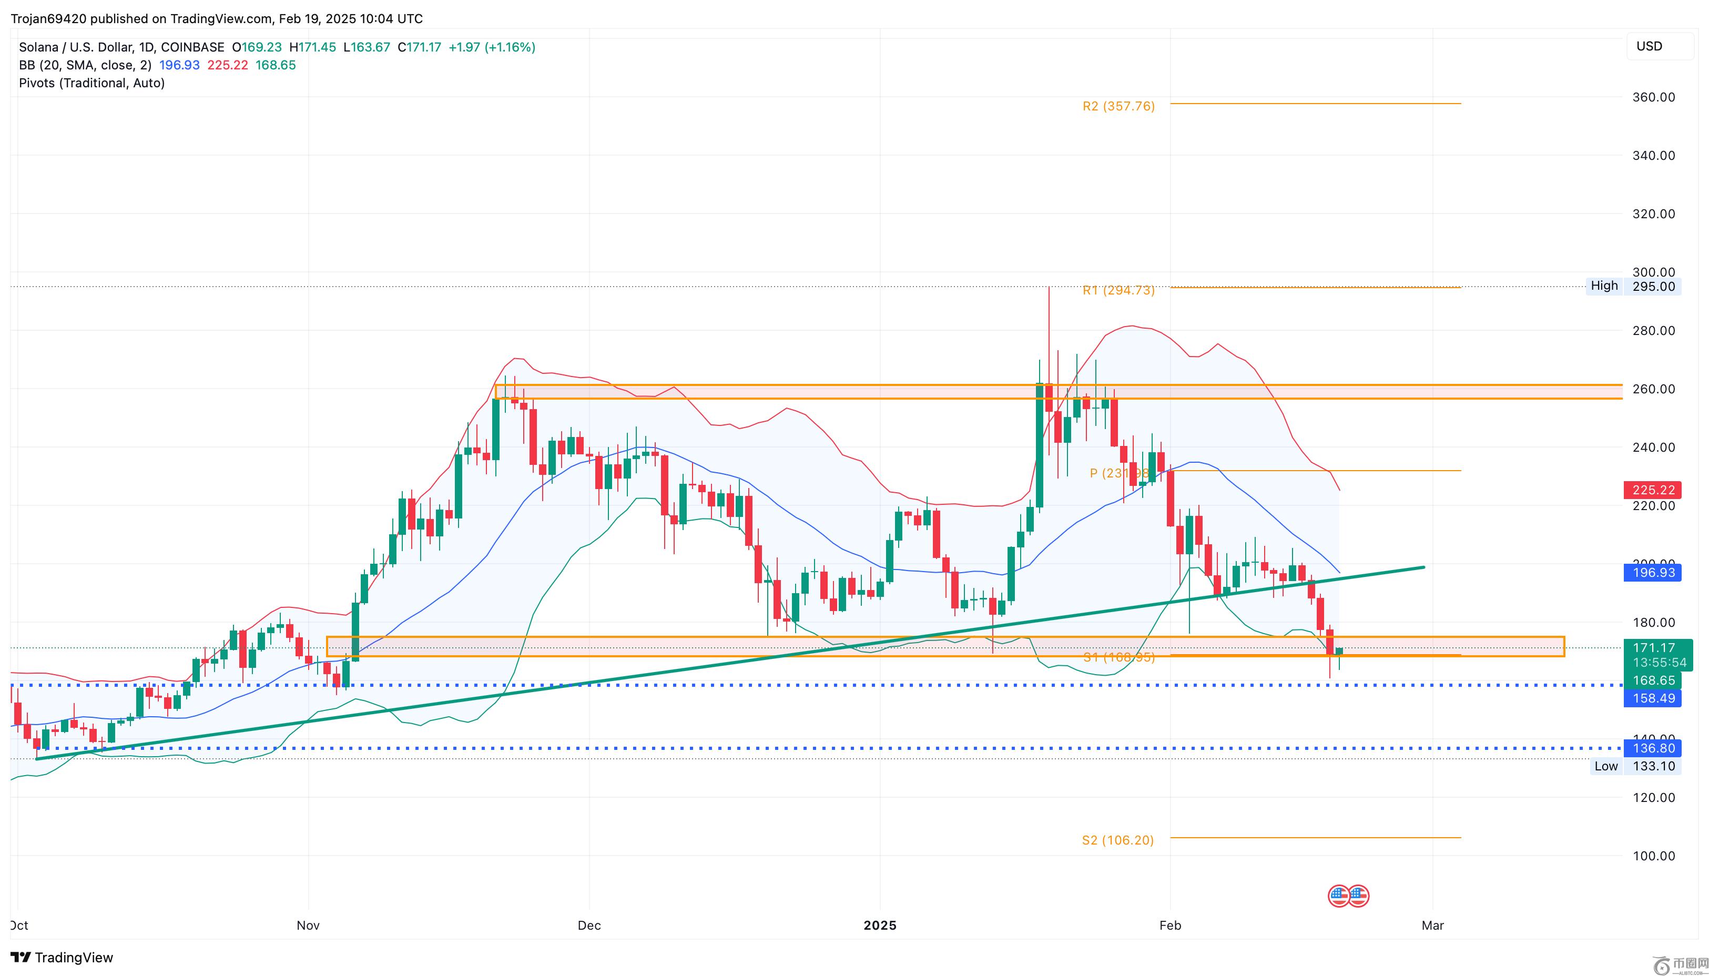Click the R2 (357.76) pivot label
tap(1118, 106)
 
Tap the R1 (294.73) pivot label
tap(1118, 290)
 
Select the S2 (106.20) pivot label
tap(1117, 840)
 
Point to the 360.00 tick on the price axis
tap(1653, 97)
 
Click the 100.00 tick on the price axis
tap(1653, 856)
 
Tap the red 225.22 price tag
tap(1653, 490)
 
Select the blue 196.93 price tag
tap(1653, 573)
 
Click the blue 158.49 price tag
tap(1653, 698)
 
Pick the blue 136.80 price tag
tap(1653, 748)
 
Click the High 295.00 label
tap(1633, 286)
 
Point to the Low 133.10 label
tap(1634, 766)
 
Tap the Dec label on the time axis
tap(588, 926)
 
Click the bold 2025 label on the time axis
tap(879, 926)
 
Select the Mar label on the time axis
tap(1432, 926)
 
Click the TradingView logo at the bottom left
tap(62, 957)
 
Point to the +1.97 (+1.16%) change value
tap(491, 47)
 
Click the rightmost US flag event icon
tap(1358, 896)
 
